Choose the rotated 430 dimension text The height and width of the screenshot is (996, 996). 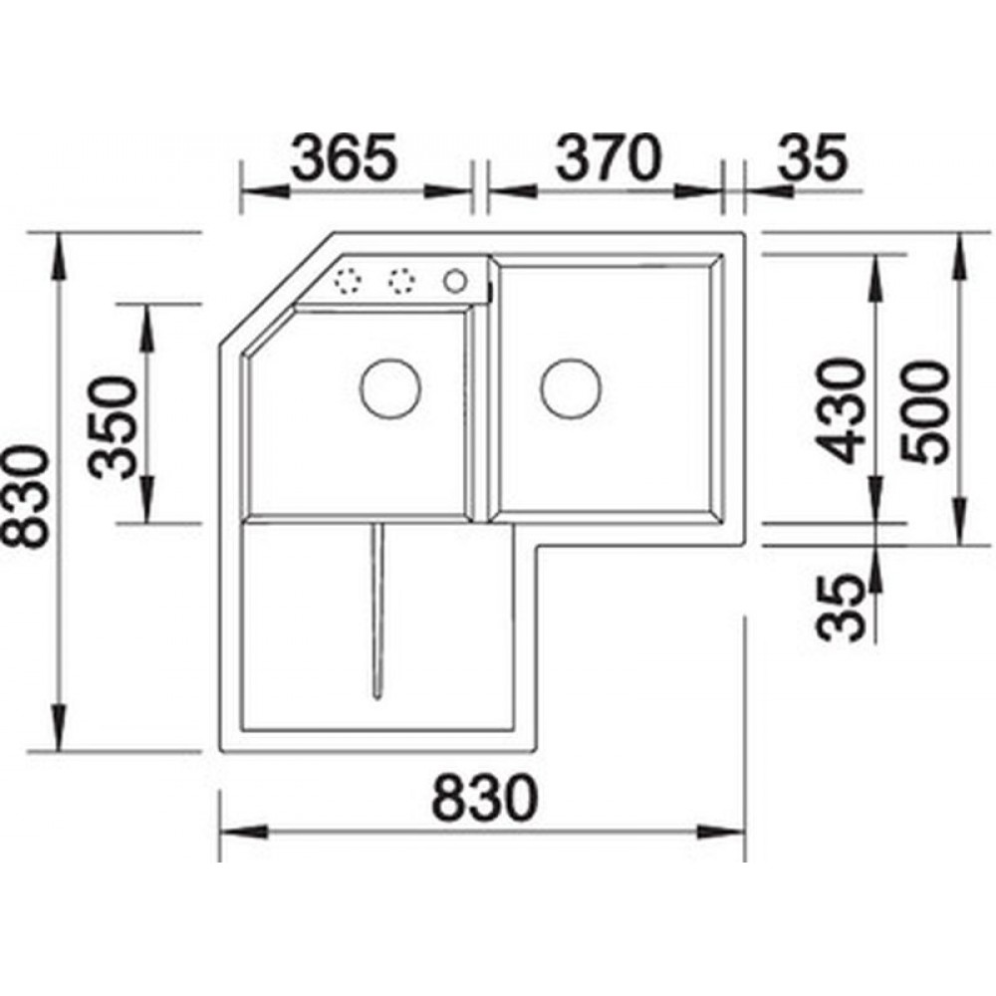[843, 411]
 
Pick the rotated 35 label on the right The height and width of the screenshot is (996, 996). [843, 609]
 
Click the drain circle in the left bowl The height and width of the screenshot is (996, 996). [390, 387]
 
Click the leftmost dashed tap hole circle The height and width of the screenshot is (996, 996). [350, 282]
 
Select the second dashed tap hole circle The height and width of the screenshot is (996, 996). [401, 282]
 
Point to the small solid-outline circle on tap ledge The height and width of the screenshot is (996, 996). [454, 281]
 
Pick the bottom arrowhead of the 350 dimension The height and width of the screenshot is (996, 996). [146, 507]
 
